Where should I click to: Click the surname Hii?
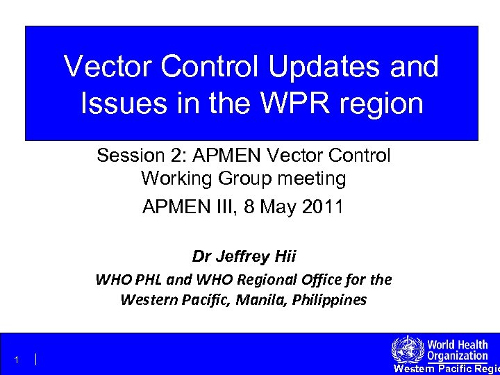click(284, 256)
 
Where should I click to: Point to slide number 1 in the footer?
click(15, 360)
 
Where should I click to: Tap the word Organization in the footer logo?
click(457, 356)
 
